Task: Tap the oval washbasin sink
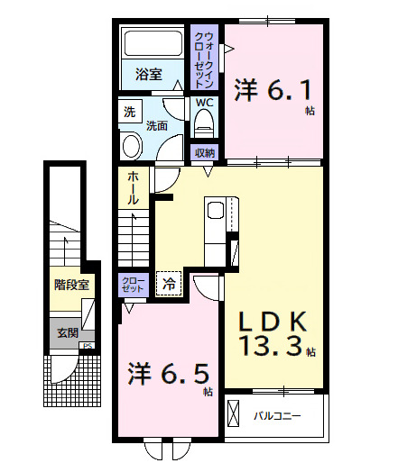coord(132,147)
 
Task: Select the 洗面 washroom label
coord(158,126)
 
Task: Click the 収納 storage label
coord(205,151)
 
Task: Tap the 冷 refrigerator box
coord(169,285)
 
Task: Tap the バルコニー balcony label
coord(276,415)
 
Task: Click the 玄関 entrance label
coord(68,332)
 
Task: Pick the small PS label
coord(88,345)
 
